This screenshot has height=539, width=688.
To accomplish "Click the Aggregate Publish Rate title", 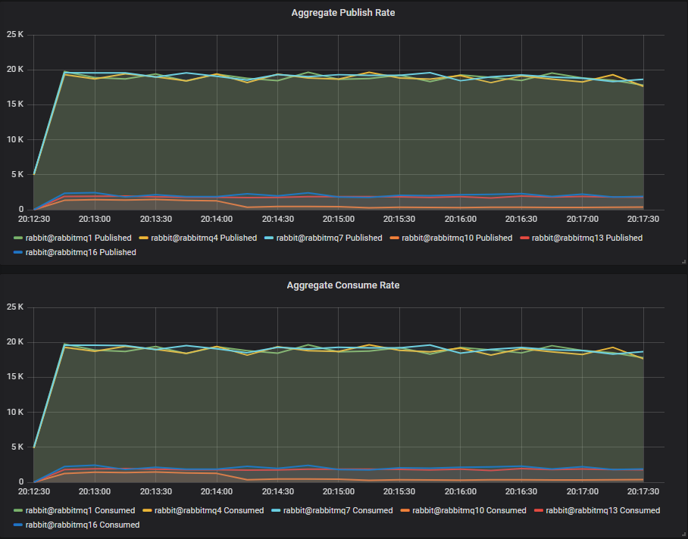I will pos(343,13).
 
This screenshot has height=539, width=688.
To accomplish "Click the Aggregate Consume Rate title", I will pos(343,285).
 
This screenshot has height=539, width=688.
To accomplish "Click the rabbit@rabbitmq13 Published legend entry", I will pos(586,238).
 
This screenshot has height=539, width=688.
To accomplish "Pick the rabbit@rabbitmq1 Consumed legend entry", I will pos(80,510).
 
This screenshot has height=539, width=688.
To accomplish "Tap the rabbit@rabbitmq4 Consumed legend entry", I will pos(210,510).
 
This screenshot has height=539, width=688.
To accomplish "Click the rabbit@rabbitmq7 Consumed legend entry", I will pos(339,510).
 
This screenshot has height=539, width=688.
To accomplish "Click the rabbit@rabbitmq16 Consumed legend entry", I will pos(82,525).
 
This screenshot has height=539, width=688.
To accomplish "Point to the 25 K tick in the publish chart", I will pos(16,35).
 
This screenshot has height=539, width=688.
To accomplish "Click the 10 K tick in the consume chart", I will pos(16,413).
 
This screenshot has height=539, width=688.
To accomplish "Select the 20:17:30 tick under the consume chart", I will pos(643,492).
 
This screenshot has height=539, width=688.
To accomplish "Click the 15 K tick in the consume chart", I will pos(16,378).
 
